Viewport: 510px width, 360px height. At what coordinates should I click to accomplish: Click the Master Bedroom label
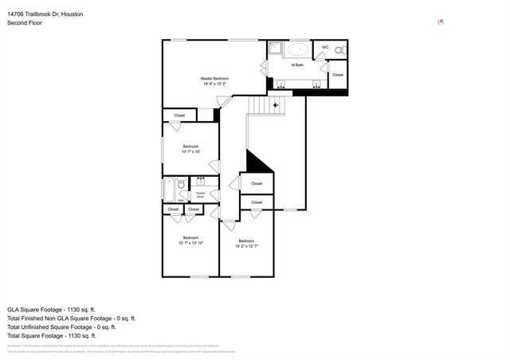214,78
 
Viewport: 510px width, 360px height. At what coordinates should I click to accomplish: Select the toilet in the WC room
339,50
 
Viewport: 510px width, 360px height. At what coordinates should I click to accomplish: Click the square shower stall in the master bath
275,48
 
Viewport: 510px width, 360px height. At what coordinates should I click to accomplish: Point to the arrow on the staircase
277,104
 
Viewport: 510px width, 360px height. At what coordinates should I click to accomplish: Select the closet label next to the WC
337,75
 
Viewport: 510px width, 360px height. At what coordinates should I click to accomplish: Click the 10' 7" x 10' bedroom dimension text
191,151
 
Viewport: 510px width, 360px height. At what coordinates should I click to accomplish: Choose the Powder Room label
201,194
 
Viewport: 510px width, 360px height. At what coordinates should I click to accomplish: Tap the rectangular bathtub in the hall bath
170,190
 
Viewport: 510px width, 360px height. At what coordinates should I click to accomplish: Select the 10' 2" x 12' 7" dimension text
246,246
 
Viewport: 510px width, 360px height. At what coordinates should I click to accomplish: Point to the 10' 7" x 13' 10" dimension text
191,242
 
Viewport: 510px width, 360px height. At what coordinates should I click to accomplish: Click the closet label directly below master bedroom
179,115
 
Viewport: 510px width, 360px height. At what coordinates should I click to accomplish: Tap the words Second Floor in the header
25,23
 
